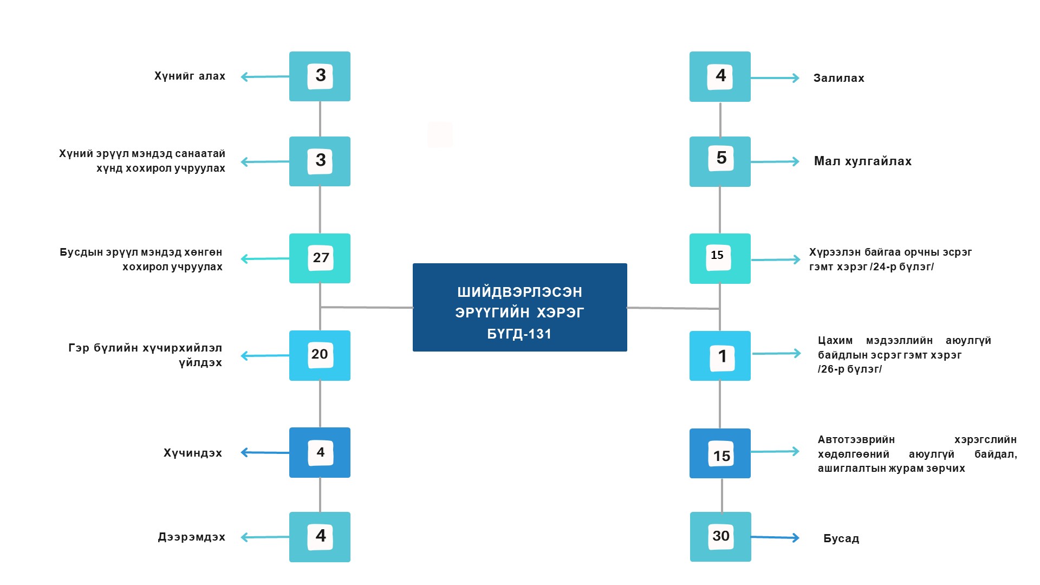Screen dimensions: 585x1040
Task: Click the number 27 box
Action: [320, 258]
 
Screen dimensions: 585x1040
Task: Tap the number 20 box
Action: [320, 355]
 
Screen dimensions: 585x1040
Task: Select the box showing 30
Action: [720, 537]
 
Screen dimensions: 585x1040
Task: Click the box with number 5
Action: [720, 161]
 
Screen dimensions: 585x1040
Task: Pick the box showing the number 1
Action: [720, 356]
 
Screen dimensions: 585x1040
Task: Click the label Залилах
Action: [838, 78]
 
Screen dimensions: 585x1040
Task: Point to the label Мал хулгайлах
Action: [862, 161]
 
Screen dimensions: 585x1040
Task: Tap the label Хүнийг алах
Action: [190, 76]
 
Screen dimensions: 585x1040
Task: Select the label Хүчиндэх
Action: [193, 453]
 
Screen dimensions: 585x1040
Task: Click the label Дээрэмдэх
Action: [191, 537]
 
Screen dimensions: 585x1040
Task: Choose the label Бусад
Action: [841, 538]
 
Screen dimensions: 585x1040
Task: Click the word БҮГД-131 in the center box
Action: [519, 334]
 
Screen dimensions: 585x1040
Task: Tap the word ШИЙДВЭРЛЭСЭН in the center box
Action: [519, 292]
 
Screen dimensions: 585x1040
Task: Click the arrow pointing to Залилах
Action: [775, 78]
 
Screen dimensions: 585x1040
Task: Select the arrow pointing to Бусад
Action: [775, 537]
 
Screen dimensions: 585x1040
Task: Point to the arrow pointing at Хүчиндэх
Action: [265, 452]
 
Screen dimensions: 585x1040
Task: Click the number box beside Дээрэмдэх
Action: [320, 537]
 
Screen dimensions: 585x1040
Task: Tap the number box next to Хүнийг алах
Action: [320, 76]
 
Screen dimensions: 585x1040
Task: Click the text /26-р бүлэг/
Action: [849, 369]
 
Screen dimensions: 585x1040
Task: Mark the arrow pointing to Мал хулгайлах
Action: [775, 161]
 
